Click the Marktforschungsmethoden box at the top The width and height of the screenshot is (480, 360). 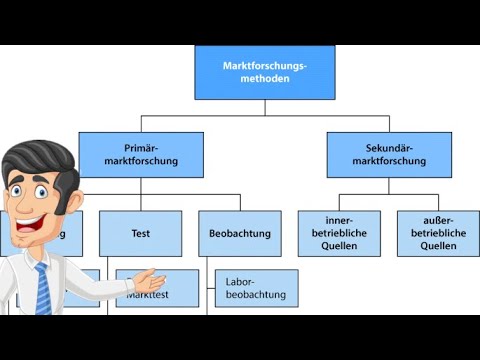coord(265,72)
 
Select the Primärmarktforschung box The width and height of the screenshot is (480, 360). coord(141,155)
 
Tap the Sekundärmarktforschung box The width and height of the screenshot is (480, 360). coord(389,155)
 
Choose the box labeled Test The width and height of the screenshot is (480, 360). coord(140,233)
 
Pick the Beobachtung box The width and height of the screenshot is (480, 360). coord(239,233)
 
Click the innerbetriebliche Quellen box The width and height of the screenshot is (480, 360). coord(339,233)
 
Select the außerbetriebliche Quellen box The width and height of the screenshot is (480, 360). coord(437,233)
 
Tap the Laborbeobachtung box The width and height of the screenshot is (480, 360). coord(256,288)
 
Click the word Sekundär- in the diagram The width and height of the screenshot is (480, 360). coord(389,148)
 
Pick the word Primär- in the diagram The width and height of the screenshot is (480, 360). coord(141,148)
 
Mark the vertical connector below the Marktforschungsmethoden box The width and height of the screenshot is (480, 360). coord(265,107)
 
